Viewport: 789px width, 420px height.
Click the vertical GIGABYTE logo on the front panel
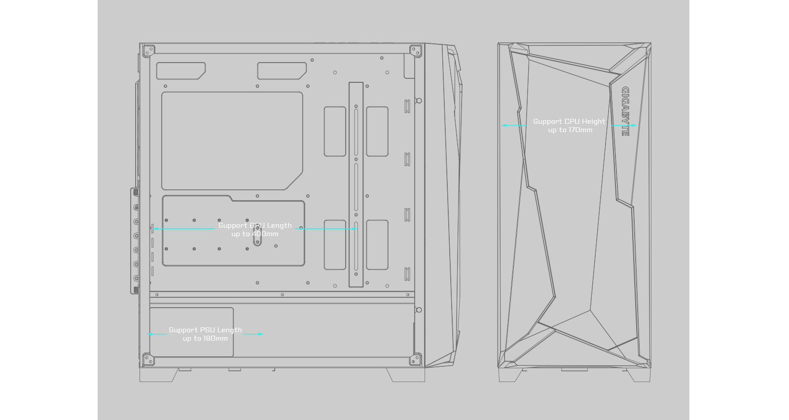tap(625, 111)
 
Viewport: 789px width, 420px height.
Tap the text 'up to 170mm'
tap(570, 130)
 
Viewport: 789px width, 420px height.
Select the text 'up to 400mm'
tap(255, 234)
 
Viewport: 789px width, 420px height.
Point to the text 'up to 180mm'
tap(205, 339)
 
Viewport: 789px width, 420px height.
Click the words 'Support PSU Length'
tap(205, 330)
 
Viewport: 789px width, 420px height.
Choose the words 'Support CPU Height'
tap(569, 122)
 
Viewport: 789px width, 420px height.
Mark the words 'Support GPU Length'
tap(255, 226)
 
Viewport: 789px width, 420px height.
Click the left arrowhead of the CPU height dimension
tap(503, 126)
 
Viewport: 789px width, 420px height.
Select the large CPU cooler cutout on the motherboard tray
tap(232, 140)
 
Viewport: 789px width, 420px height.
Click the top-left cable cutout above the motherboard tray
tap(180, 70)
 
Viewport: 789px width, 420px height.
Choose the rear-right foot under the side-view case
tap(406, 375)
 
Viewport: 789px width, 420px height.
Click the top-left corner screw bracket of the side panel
tap(148, 50)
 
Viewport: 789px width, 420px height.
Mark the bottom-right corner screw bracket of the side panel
tap(416, 359)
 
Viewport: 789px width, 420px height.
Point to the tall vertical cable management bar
tap(356, 185)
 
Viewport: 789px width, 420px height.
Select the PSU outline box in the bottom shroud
tap(191, 332)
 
